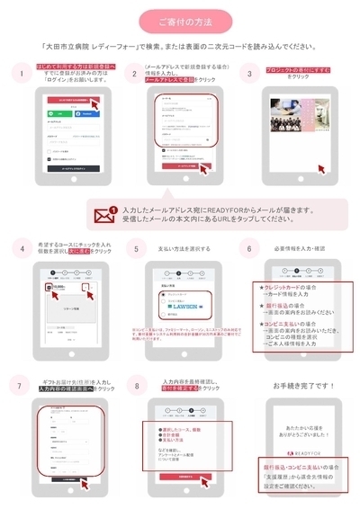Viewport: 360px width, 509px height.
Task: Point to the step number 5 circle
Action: click(x=136, y=247)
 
